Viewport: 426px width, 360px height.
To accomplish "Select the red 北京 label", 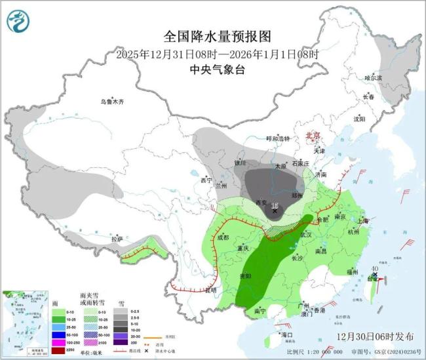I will coord(314,135).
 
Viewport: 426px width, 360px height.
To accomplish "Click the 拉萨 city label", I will coord(117,239).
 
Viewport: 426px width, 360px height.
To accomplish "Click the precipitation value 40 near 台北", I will coord(374,268).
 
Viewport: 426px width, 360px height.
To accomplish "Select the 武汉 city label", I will coord(306,234).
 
